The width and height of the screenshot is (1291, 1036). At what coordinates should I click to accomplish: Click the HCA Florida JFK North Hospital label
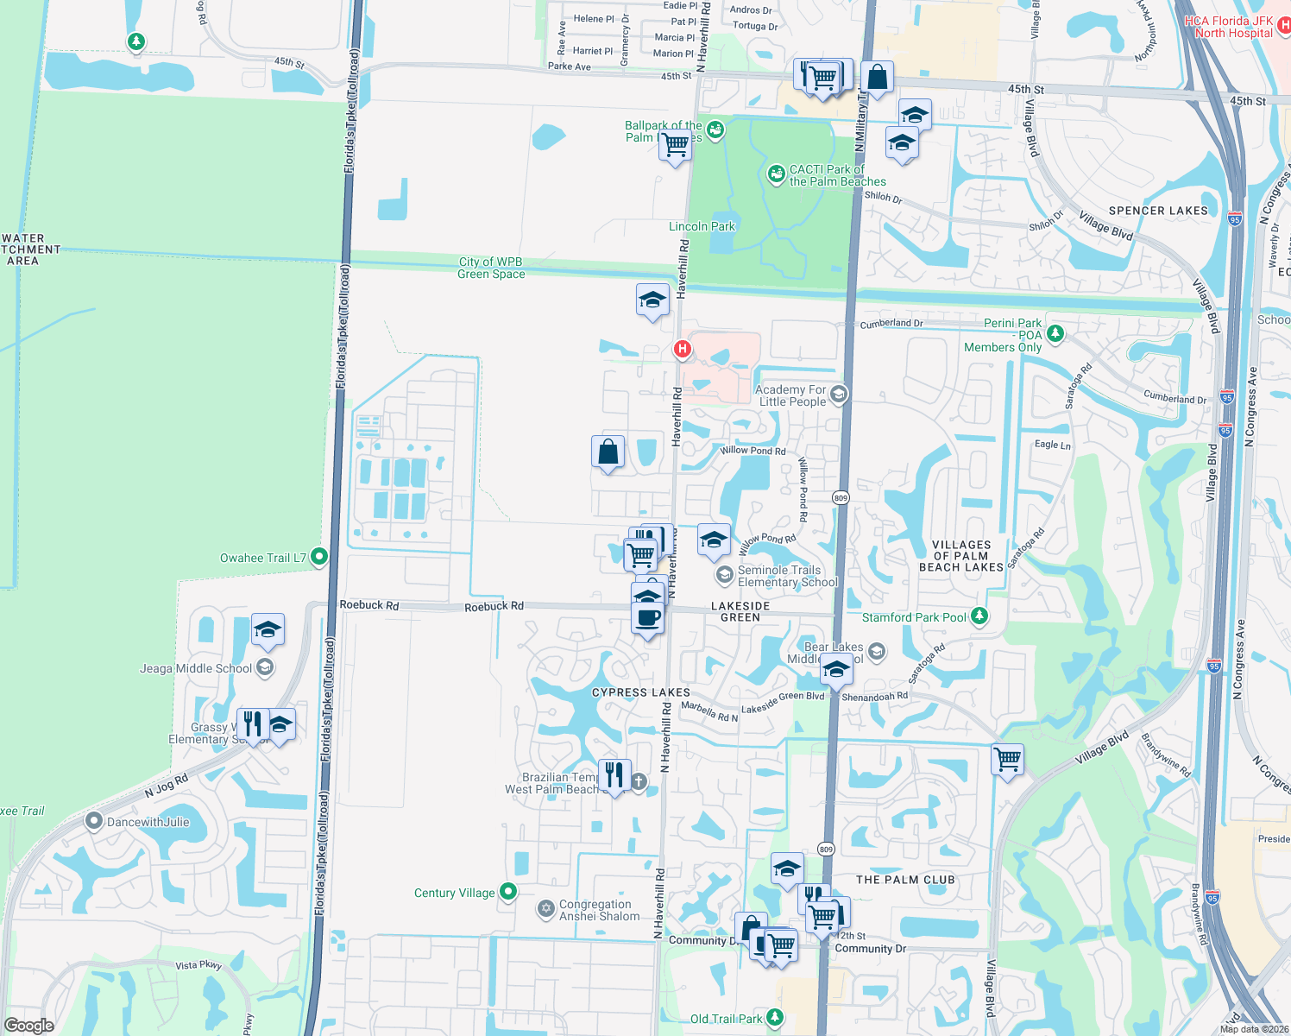pyautogui.click(x=1228, y=27)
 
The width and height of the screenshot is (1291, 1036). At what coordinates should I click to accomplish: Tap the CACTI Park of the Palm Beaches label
pyautogui.click(x=837, y=175)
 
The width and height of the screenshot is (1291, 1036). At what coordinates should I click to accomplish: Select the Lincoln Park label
pyautogui.click(x=702, y=226)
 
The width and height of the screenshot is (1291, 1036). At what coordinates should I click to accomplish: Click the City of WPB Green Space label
pyautogui.click(x=490, y=268)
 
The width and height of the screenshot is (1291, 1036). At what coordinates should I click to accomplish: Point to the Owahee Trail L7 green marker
pyautogui.click(x=318, y=557)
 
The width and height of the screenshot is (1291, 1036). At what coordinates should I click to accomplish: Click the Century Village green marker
pyautogui.click(x=508, y=892)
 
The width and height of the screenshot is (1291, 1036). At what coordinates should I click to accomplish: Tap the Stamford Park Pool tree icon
pyautogui.click(x=979, y=616)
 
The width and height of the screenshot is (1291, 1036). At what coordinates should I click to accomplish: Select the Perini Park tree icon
pyautogui.click(x=1055, y=333)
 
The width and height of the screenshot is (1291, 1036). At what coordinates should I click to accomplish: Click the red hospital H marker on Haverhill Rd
pyautogui.click(x=682, y=349)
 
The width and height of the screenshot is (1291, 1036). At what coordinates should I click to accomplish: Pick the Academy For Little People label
pyautogui.click(x=791, y=395)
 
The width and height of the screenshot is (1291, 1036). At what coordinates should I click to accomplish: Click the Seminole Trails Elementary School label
pyautogui.click(x=787, y=576)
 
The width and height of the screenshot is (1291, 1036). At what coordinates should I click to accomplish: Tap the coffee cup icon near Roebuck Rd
pyautogui.click(x=648, y=618)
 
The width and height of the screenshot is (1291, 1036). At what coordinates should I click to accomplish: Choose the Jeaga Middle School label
pyautogui.click(x=196, y=668)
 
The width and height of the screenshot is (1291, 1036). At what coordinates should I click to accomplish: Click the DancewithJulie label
pyautogui.click(x=148, y=822)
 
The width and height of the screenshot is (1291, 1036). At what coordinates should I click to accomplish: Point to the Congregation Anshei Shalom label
pyautogui.click(x=599, y=910)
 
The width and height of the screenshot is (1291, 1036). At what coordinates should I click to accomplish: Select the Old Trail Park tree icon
pyautogui.click(x=775, y=1017)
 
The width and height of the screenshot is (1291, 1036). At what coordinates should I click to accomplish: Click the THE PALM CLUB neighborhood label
pyautogui.click(x=905, y=880)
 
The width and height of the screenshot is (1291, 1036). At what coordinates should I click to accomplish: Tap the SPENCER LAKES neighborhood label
pyautogui.click(x=1158, y=211)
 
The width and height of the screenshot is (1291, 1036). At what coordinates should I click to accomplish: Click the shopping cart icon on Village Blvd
pyautogui.click(x=1008, y=760)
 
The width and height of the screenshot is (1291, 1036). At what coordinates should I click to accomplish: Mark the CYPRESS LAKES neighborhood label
pyautogui.click(x=640, y=692)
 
